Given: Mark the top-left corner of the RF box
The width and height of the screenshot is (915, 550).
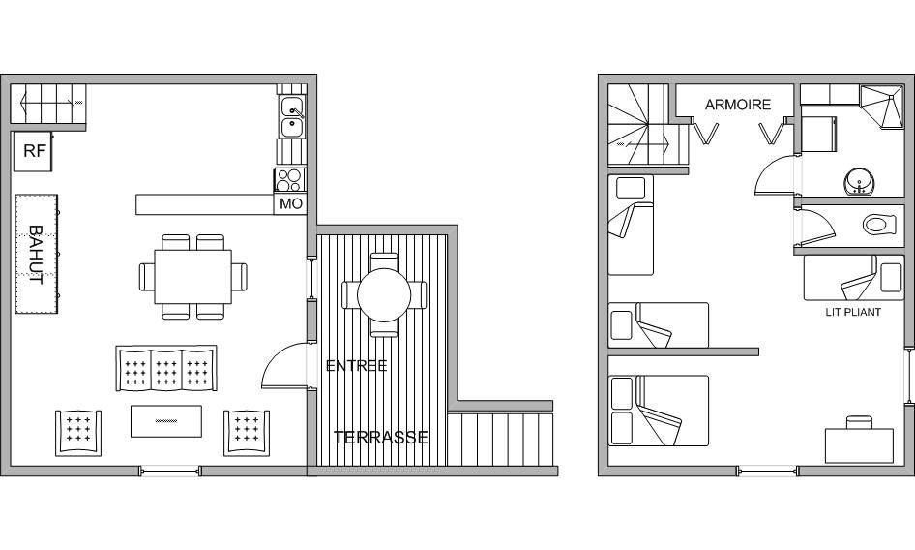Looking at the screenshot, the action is pos(14,133).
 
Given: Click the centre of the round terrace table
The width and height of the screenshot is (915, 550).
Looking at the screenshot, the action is pos(384,294).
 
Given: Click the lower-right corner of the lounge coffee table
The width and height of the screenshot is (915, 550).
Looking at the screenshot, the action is pos(202,437).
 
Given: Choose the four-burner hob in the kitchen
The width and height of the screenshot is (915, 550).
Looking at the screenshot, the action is pos(290,179).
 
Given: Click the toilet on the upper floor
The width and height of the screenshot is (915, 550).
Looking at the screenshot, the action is pos(879,225).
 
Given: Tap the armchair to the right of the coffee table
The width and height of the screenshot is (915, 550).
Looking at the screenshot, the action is pos(247,432).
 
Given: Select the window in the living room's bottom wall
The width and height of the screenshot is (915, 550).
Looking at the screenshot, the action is pos(170,471).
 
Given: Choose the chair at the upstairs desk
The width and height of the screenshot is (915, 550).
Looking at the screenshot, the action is pos(860,422).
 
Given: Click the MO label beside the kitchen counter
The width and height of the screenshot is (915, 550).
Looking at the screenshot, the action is pos(291,204).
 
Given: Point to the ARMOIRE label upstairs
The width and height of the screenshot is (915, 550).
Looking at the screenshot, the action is pos(738,105).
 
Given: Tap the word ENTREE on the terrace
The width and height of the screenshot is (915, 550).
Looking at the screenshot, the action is pos(356,366).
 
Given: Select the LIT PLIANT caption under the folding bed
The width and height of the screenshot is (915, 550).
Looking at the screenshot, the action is pos(853,312).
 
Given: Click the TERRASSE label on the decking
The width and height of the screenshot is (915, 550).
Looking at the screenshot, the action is pos(381,438).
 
